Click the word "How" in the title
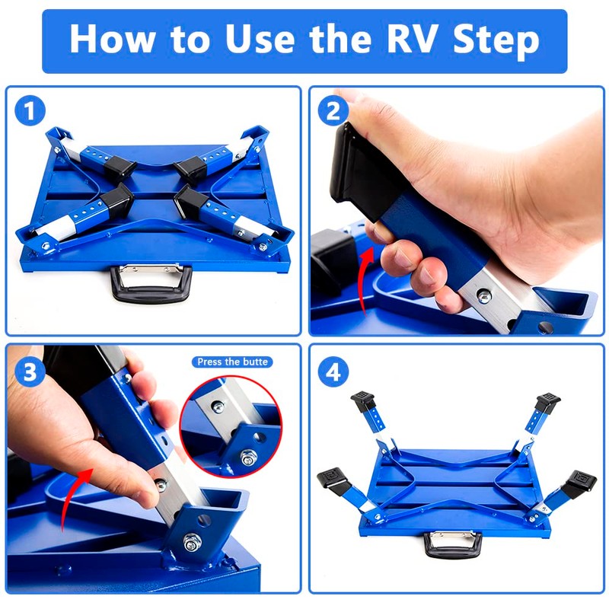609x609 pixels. click(x=111, y=39)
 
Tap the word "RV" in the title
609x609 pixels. click(x=414, y=39)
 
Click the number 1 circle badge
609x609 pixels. click(x=30, y=110)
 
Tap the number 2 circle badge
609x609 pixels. click(x=333, y=110)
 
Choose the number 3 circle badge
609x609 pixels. click(x=30, y=371)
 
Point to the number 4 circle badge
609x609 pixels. click(x=333, y=371)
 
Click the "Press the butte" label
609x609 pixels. click(x=232, y=362)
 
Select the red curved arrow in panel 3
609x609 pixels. click(x=69, y=497)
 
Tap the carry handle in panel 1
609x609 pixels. click(x=151, y=282)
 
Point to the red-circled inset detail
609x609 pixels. click(x=231, y=426)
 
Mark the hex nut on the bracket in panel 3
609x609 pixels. click(x=192, y=542)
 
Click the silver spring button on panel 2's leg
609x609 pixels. click(x=484, y=297)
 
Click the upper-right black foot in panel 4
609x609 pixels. click(x=547, y=402)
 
